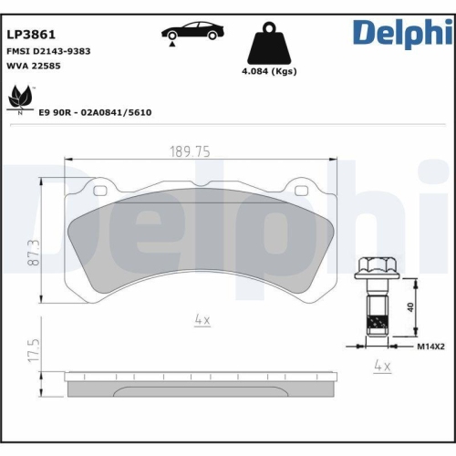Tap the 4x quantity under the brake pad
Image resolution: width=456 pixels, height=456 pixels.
point(202,320)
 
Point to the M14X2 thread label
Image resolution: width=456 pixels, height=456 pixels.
point(430,347)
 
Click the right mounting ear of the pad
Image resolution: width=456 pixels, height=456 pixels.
point(299,191)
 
